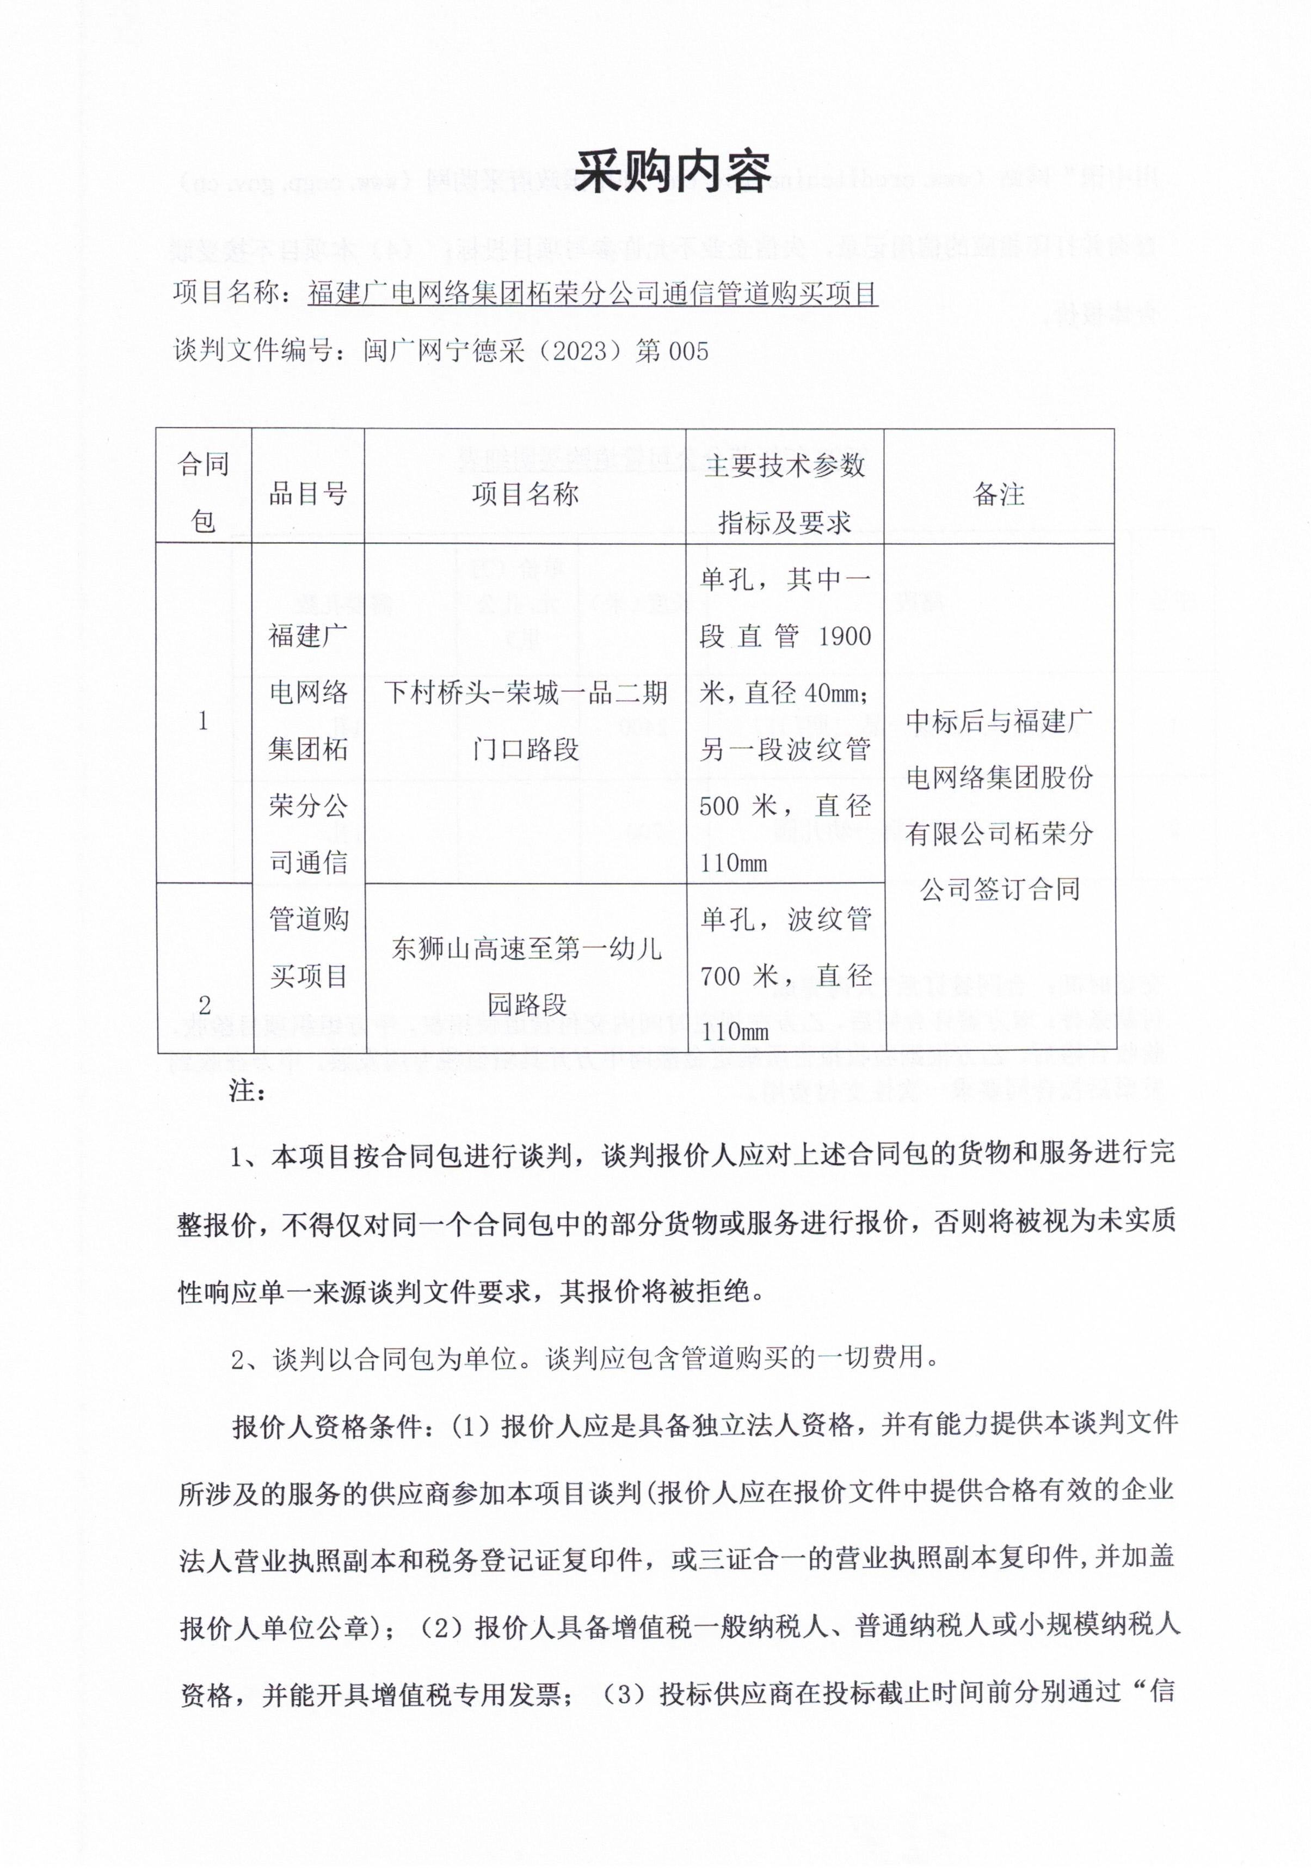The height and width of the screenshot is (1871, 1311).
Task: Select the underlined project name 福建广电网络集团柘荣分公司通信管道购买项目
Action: [x=592, y=292]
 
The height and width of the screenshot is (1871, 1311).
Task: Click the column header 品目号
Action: [x=308, y=493]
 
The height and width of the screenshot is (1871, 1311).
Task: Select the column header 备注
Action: [x=999, y=493]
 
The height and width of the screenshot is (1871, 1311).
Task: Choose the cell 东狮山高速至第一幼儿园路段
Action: [x=526, y=976]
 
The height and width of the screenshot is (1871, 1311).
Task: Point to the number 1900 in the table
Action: [x=844, y=636]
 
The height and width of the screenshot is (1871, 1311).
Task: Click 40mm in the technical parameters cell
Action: [x=830, y=692]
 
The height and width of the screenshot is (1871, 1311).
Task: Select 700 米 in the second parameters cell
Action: [x=738, y=976]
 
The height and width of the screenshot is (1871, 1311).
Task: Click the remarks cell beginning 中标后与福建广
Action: [x=999, y=804]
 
